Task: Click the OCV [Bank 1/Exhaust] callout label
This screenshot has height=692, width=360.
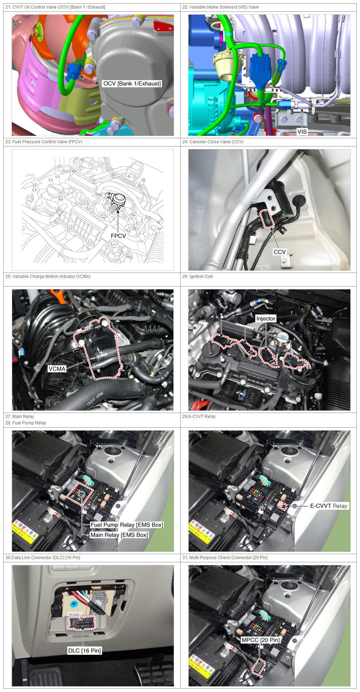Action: click(x=132, y=84)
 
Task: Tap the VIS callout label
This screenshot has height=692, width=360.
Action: click(x=302, y=131)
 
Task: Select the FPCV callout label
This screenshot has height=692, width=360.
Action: click(x=118, y=236)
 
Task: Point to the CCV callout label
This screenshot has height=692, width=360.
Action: click(x=280, y=252)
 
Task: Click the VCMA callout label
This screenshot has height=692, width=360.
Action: click(x=57, y=369)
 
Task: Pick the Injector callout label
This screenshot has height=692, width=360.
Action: click(x=266, y=318)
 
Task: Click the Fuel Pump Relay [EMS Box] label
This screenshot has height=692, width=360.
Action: click(x=127, y=525)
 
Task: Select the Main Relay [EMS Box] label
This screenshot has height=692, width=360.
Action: click(x=119, y=535)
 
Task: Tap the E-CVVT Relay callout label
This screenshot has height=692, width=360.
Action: click(x=329, y=506)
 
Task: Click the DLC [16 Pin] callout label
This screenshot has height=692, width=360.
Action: click(x=85, y=651)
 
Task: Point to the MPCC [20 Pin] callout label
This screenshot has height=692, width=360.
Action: click(x=261, y=640)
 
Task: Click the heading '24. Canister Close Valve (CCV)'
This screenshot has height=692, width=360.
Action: click(x=213, y=142)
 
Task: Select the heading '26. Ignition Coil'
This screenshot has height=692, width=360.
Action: click(x=197, y=277)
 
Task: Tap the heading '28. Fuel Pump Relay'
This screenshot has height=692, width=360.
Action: click(x=26, y=423)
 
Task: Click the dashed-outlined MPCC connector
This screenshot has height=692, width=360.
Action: click(x=258, y=667)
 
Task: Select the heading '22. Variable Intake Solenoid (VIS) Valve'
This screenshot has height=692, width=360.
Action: click(x=220, y=7)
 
